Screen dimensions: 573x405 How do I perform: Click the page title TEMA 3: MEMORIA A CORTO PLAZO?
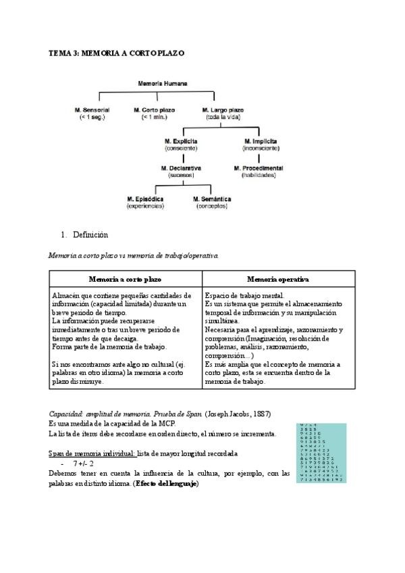tap(117, 52)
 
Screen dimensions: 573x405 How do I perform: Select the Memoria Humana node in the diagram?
tap(162, 84)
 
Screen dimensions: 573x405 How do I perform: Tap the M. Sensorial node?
tap(92, 109)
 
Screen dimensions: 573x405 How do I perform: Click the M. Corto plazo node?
tap(154, 109)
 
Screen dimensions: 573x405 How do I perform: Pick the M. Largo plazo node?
tap(223, 109)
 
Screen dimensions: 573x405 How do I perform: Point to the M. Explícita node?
tap(180, 141)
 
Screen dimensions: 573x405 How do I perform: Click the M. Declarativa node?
tap(180, 168)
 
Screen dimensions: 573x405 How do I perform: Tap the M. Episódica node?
tap(145, 199)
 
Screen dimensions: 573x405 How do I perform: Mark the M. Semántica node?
tap(212, 199)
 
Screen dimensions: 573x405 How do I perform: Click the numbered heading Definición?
tap(90, 235)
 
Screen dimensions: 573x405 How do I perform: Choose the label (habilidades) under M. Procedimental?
tap(259, 175)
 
